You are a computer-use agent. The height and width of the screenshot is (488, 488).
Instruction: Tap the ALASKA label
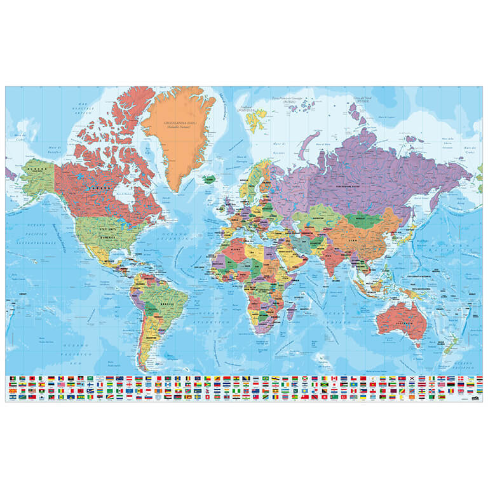(x=39, y=170)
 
